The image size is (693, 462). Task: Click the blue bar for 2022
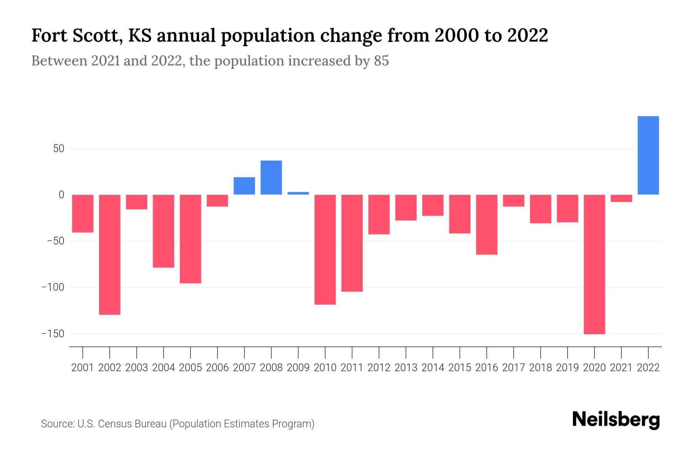pyautogui.click(x=648, y=156)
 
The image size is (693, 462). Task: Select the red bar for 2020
pyautogui.click(x=594, y=264)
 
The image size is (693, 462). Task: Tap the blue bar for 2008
pyautogui.click(x=271, y=177)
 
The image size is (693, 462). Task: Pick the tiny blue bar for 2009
pyautogui.click(x=298, y=193)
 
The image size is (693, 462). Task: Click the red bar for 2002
pyautogui.click(x=110, y=254)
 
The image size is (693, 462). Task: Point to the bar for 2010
pyautogui.click(x=325, y=249)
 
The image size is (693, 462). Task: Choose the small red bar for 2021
pyautogui.click(x=621, y=198)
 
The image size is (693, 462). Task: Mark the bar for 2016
pyautogui.click(x=487, y=224)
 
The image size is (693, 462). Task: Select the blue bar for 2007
pyautogui.click(x=244, y=186)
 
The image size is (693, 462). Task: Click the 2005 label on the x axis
pyautogui.click(x=191, y=368)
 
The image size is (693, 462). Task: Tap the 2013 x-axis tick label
pyautogui.click(x=406, y=368)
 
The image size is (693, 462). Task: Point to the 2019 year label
pyautogui.click(x=567, y=368)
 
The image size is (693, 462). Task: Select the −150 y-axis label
pyautogui.click(x=53, y=334)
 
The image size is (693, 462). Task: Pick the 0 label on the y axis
pyautogui.click(x=61, y=195)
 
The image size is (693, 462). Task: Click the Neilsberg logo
pyautogui.click(x=616, y=420)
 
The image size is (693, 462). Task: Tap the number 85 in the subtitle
pyautogui.click(x=381, y=61)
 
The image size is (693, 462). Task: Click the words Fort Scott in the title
pyautogui.click(x=77, y=35)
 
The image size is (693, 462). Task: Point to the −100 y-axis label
pyautogui.click(x=53, y=287)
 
